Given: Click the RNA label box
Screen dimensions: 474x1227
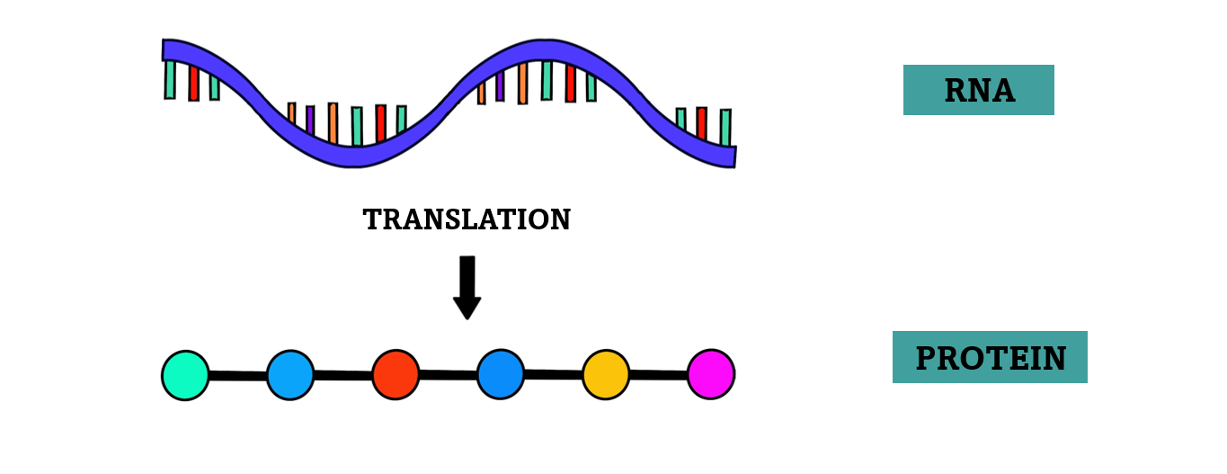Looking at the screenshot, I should (978, 90).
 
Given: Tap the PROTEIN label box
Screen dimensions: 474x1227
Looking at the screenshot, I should (990, 357).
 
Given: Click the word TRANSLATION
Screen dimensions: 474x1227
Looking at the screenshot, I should (467, 219).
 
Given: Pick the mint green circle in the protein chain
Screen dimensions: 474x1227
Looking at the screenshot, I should (185, 375).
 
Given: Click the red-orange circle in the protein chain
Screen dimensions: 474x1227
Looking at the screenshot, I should (396, 374).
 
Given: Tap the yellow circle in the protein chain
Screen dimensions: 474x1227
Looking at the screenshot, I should (606, 374).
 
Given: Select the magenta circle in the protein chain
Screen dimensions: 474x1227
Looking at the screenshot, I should (711, 374).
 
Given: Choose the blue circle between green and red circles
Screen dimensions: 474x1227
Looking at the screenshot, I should (290, 375).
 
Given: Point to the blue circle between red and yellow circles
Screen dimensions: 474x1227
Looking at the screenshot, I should (501, 374).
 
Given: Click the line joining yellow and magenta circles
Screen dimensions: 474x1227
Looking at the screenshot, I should (658, 374).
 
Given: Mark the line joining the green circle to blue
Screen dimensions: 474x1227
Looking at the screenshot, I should (237, 375).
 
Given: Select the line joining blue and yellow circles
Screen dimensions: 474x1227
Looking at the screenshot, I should (553, 374).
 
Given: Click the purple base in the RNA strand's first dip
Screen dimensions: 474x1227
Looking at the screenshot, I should (310, 119).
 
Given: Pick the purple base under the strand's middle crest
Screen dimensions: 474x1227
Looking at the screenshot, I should (500, 86).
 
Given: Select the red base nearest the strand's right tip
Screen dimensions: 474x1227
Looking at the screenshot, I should (701, 122).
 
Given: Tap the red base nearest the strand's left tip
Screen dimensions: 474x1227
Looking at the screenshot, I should (193, 82).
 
